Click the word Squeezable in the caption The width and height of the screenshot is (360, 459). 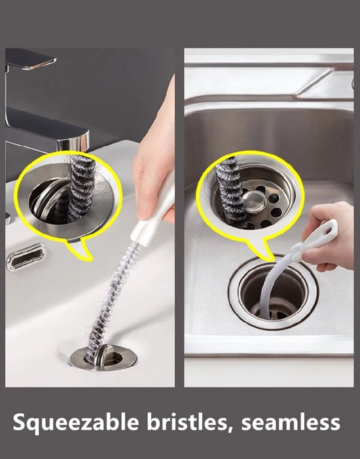click(x=76, y=423)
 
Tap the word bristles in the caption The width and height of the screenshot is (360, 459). click(x=190, y=422)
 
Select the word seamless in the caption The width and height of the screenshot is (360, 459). click(x=291, y=422)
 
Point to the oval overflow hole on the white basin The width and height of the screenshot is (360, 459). click(x=26, y=257)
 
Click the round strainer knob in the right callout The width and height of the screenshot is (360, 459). click(x=255, y=202)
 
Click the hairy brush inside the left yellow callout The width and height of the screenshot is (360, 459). click(x=82, y=188)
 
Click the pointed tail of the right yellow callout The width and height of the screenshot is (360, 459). click(x=262, y=250)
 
